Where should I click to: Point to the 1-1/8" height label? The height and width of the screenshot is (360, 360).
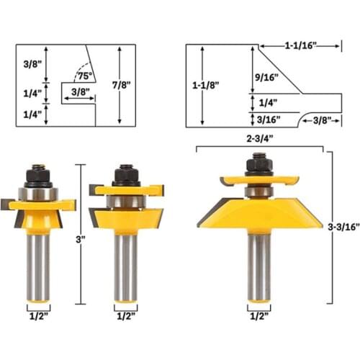207,85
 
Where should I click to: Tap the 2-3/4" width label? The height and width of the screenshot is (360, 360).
261,138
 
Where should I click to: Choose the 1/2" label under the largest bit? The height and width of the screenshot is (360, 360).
258,315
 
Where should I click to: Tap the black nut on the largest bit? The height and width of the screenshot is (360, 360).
258,165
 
